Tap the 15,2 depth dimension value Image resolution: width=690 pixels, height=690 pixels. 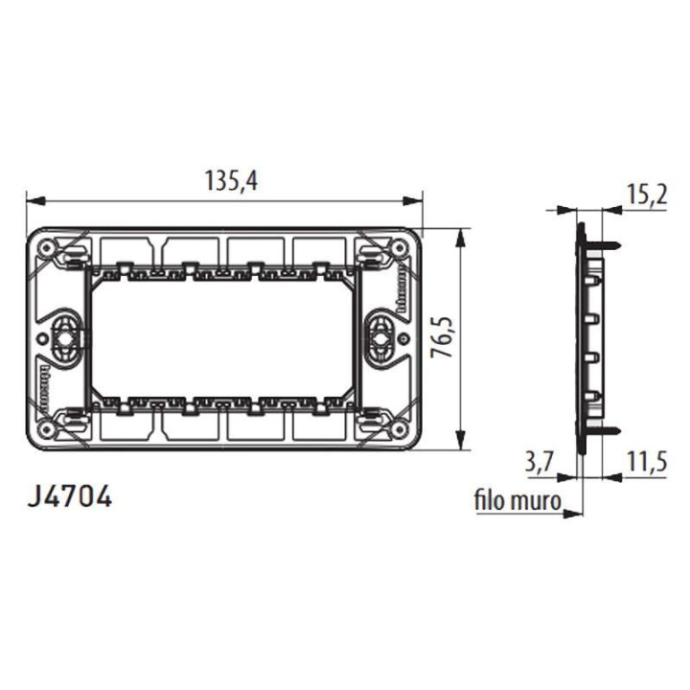(647, 195)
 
